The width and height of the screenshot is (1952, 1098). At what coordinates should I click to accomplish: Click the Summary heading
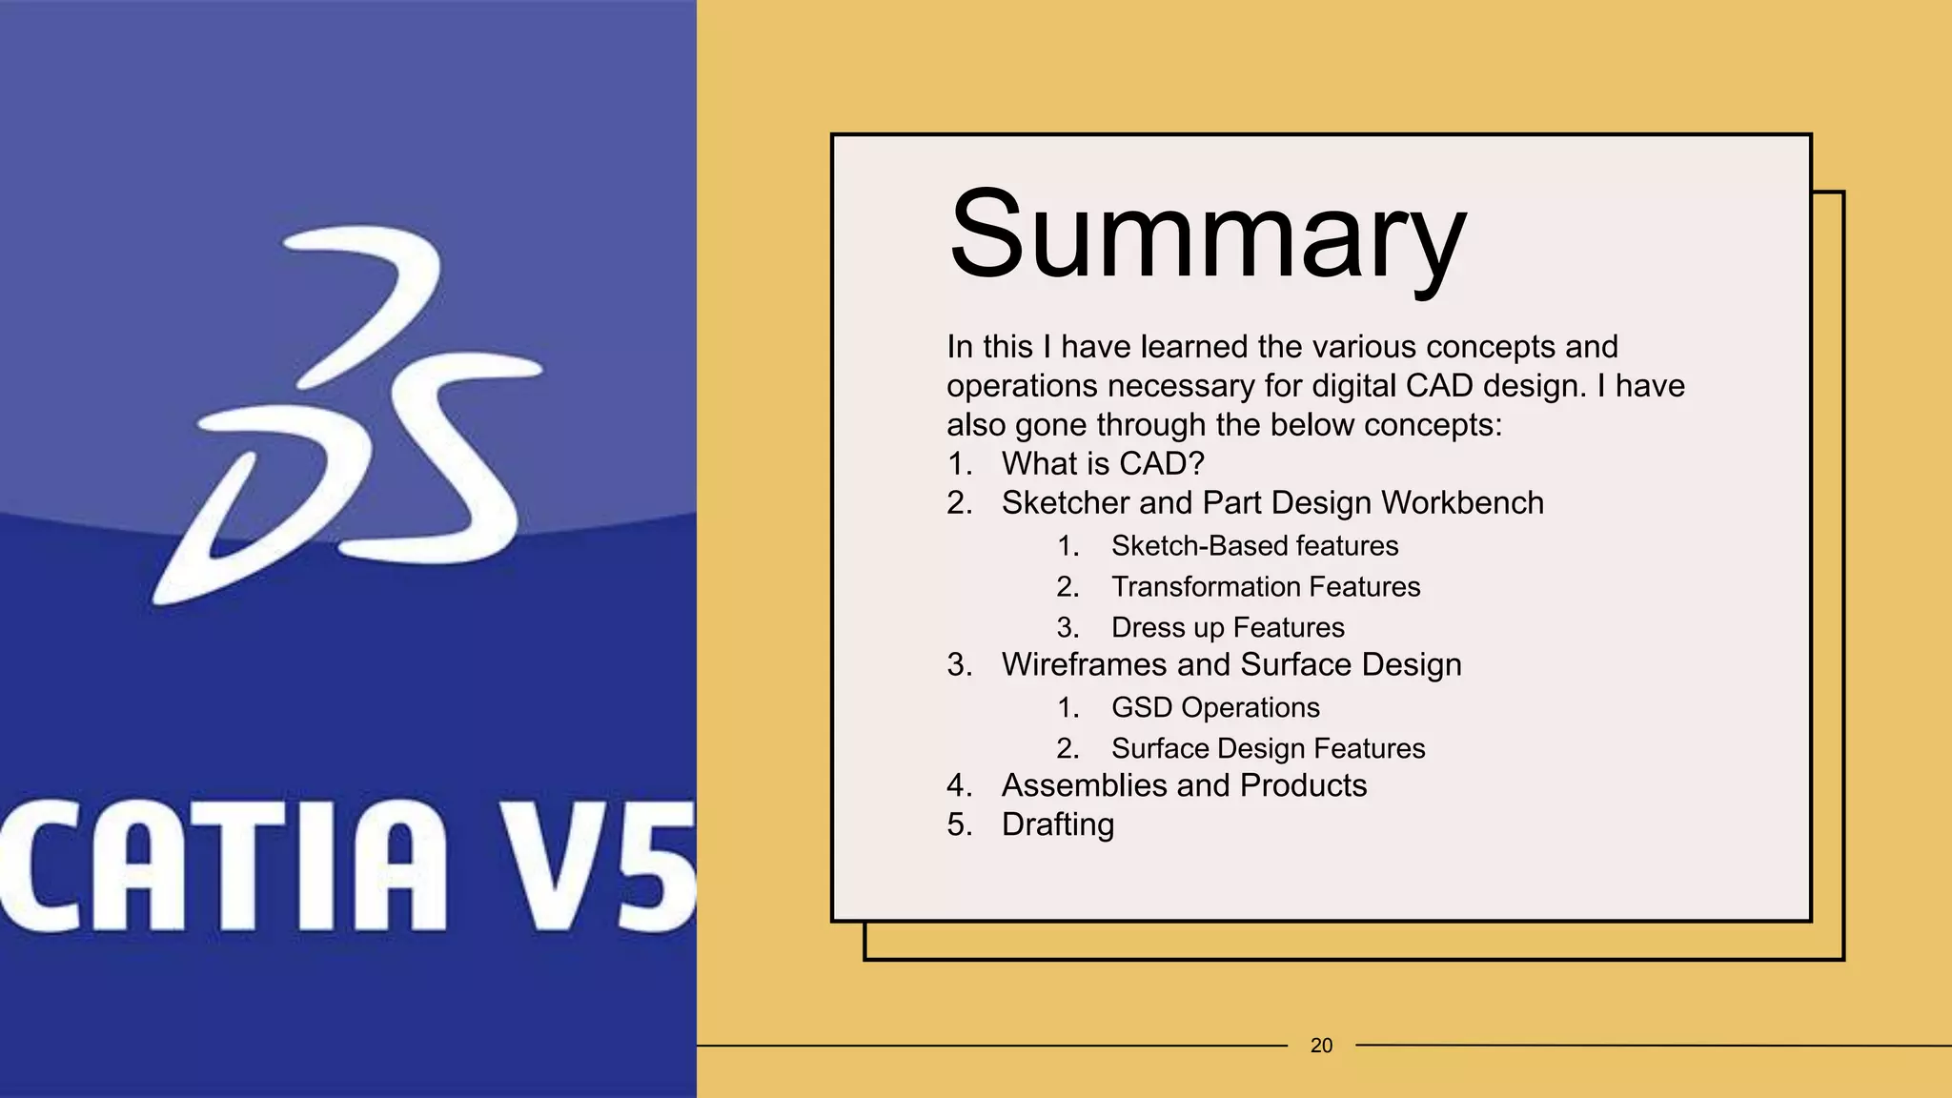pos(1207,235)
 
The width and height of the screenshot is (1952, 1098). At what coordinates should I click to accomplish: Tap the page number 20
pos(1321,1046)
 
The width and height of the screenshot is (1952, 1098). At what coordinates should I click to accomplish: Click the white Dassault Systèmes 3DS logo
pos(348,415)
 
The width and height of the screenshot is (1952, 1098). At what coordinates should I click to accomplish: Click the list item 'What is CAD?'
pos(1103,463)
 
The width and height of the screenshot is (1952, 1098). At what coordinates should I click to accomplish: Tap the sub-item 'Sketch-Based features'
pos(1254,545)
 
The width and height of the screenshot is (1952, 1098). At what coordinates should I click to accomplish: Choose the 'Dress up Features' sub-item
pos(1228,627)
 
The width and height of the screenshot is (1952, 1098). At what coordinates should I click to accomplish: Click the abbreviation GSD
pos(1142,707)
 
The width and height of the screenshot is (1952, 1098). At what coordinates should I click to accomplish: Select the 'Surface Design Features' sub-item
pos(1268,748)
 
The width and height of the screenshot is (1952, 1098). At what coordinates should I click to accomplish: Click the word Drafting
pos(1057,824)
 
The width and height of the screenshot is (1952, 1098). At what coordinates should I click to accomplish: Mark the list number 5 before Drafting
pos(957,824)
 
